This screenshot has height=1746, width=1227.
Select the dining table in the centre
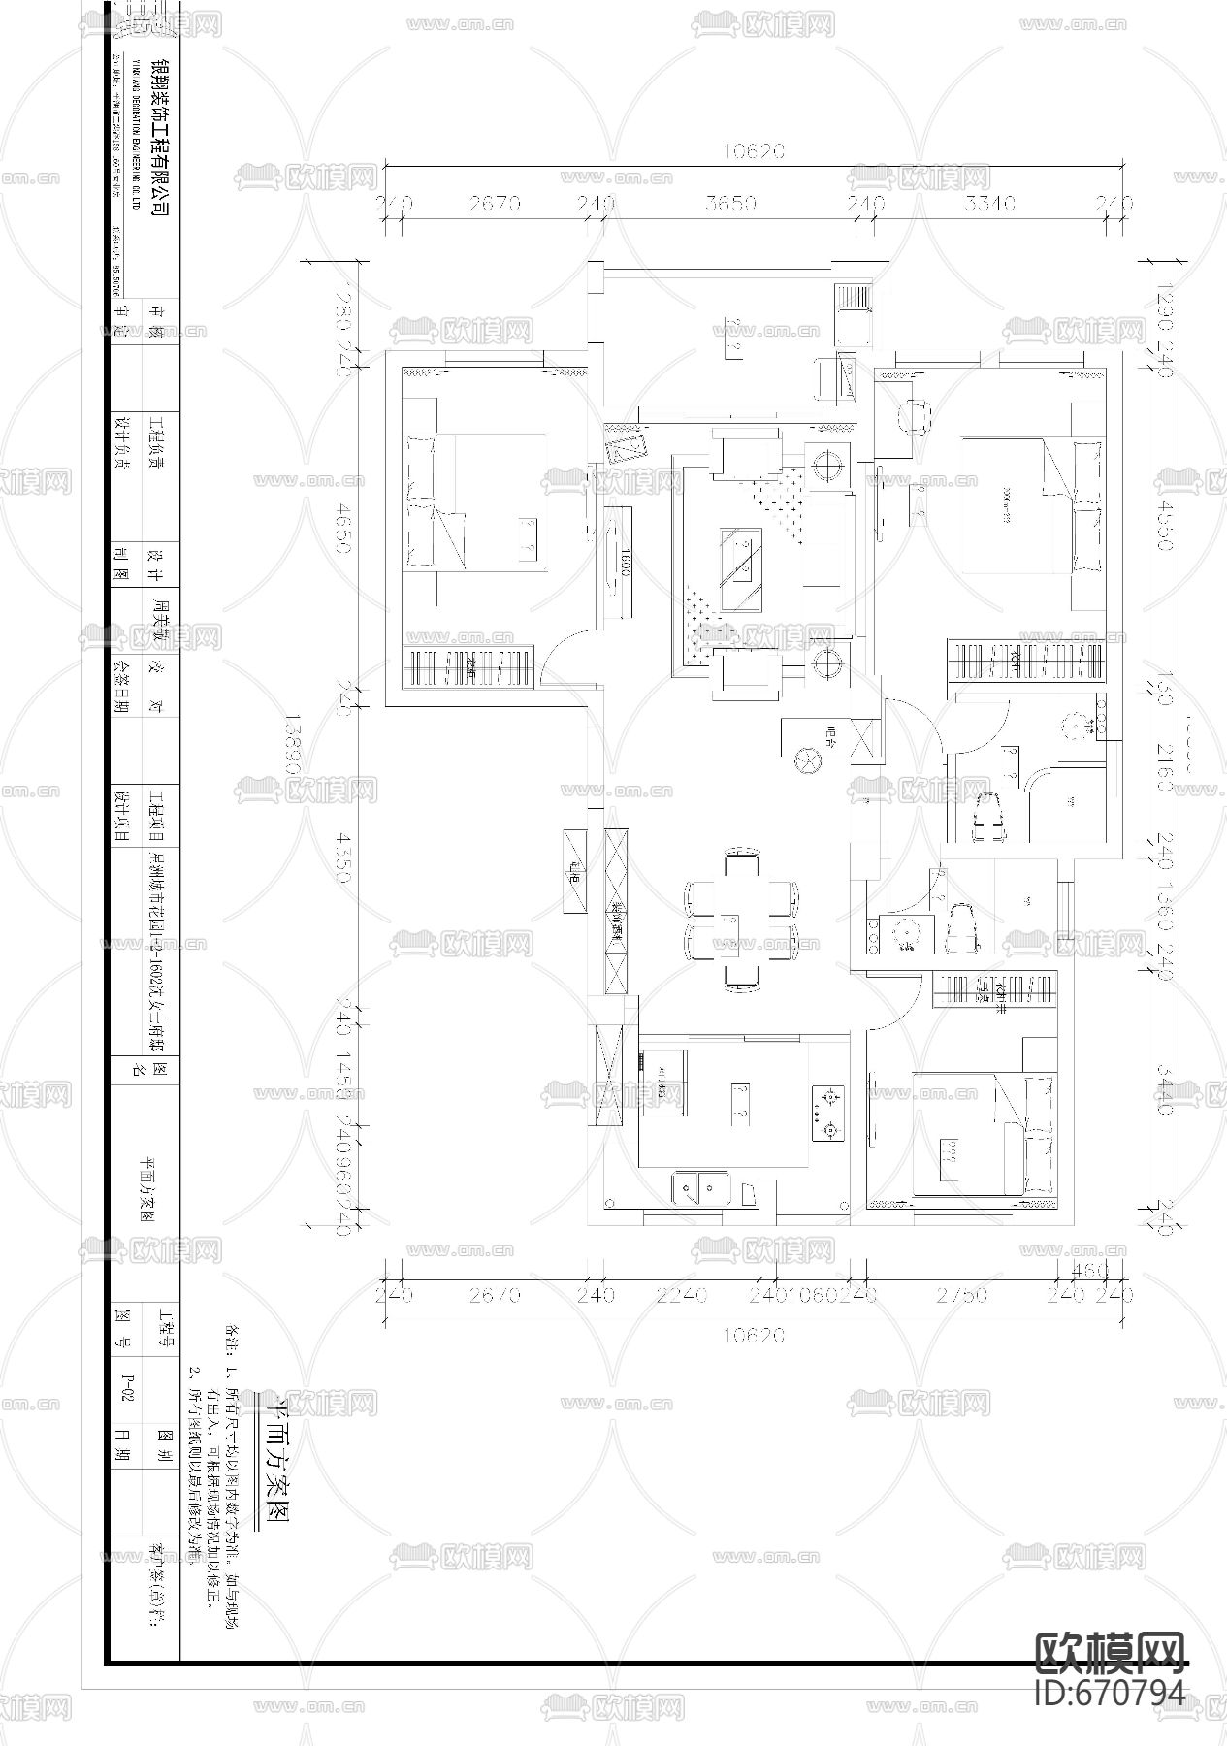pyautogui.click(x=741, y=918)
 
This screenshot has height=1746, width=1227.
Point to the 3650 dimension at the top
pyautogui.click(x=731, y=204)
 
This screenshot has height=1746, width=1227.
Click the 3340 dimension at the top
pyautogui.click(x=991, y=204)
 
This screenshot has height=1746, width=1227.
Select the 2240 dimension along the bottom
pyautogui.click(x=682, y=1294)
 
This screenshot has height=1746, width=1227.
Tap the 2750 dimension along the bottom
pyautogui.click(x=962, y=1294)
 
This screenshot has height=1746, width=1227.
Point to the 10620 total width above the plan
pyautogui.click(x=753, y=151)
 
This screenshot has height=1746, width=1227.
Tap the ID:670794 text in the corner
pyautogui.click(x=1110, y=1692)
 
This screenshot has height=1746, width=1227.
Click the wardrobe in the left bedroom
pyautogui.click(x=468, y=669)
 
